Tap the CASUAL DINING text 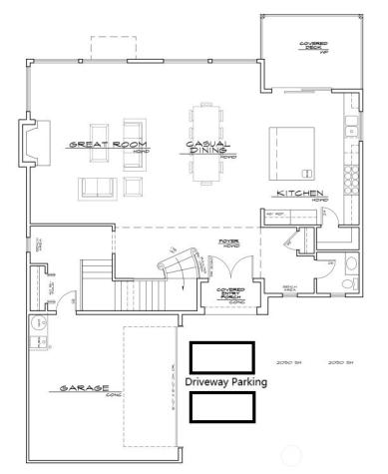tap(207, 148)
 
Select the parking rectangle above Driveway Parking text tap(221, 357)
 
